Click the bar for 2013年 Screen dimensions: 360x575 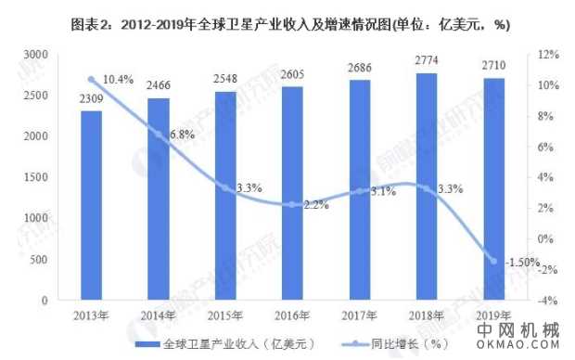pos(91,205)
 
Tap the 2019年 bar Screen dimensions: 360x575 pos(494,189)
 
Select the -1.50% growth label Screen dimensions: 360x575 pos(519,262)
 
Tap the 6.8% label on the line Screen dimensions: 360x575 pos(182,135)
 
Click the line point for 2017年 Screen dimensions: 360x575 pos(360,191)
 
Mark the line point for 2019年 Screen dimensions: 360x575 pos(494,262)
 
